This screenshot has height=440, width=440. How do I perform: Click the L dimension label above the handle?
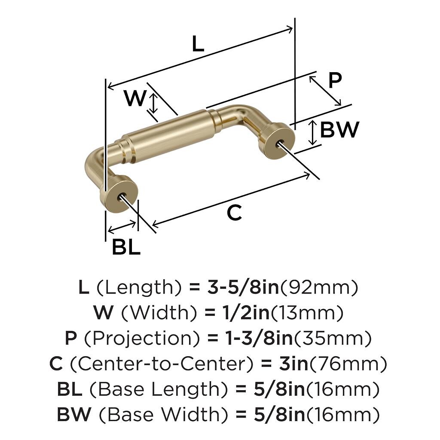[198, 44]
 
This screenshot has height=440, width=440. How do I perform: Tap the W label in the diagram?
[135, 98]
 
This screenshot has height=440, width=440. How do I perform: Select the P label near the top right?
[335, 81]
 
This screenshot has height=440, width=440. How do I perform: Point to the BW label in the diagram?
[339, 130]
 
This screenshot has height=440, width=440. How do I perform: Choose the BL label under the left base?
[126, 247]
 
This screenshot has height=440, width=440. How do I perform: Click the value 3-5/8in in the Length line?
[243, 287]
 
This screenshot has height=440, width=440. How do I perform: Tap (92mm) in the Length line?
[319, 287]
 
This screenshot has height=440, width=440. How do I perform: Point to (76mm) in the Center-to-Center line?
[348, 364]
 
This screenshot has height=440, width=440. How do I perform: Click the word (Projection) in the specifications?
[142, 339]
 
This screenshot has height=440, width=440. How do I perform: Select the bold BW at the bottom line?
[74, 415]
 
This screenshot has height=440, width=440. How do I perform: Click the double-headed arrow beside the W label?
[153, 103]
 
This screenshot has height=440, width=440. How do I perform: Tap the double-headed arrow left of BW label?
[313, 133]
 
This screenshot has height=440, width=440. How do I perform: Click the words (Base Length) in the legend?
[159, 389]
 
